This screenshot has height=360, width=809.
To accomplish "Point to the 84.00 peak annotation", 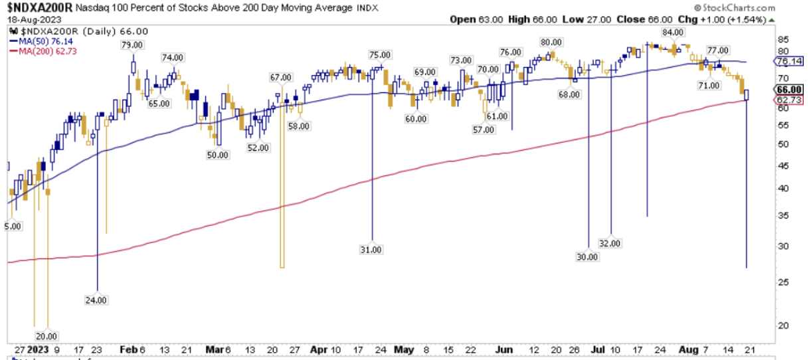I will tap(674, 32).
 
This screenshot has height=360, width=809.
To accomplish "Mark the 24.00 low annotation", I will tap(97, 300).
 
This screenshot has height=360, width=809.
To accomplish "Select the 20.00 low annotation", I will tap(46, 335).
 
